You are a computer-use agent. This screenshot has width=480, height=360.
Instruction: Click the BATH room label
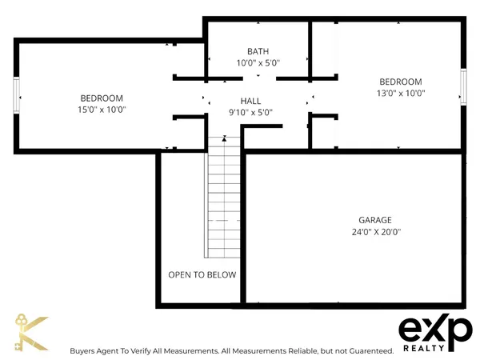(258, 51)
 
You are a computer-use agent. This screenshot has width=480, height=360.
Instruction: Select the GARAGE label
(374, 220)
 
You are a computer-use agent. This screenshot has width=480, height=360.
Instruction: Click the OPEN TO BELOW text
(202, 275)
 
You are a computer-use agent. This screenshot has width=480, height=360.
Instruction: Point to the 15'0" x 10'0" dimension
(102, 110)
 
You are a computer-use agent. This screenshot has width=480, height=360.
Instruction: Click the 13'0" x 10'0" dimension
(400, 93)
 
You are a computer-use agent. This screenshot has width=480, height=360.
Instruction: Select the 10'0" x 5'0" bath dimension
(258, 62)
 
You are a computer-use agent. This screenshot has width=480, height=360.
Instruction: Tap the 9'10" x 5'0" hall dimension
(251, 113)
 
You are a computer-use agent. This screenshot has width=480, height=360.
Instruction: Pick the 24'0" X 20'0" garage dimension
(374, 232)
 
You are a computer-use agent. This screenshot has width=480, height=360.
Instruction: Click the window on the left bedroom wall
(16, 98)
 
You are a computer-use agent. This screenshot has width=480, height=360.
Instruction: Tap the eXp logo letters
(435, 329)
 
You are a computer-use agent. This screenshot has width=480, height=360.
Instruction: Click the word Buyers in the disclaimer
(82, 351)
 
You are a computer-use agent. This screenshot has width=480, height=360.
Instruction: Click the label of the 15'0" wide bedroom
(102, 98)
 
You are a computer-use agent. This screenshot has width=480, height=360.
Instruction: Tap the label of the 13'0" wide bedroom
(400, 82)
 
